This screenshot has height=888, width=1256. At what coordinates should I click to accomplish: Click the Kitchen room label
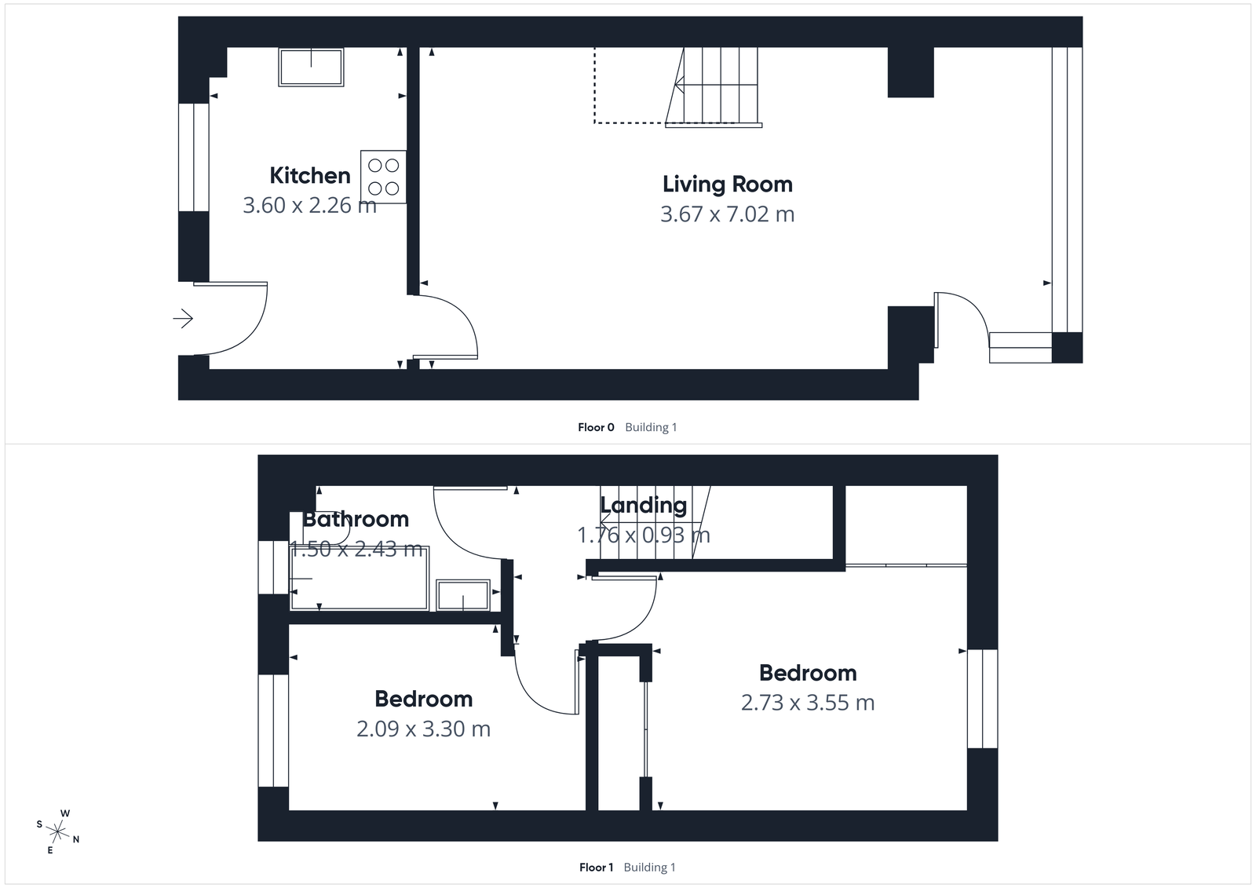310,175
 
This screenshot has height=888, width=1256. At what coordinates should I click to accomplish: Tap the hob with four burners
384,177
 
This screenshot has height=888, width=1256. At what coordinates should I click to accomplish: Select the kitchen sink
311,67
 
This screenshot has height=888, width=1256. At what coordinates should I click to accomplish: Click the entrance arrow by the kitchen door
183,318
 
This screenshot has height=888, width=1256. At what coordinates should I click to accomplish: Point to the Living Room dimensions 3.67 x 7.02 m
727,214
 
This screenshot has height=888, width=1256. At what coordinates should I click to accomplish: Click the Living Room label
727,184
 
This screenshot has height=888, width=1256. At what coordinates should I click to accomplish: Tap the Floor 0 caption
596,427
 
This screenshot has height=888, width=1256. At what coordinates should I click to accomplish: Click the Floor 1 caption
596,867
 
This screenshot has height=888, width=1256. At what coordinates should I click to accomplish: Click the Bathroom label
356,519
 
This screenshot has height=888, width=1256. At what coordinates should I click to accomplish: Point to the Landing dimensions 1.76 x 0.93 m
643,535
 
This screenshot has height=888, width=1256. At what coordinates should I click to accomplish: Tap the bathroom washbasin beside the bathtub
463,594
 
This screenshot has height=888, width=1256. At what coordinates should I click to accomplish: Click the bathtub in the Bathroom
359,578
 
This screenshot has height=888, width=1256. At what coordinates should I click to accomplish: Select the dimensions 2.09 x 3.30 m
423,729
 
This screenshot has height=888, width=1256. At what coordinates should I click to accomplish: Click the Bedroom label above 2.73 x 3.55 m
808,673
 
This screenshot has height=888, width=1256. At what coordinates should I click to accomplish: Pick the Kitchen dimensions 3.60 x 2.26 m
309,205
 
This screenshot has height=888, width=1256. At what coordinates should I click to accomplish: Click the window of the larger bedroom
982,699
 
